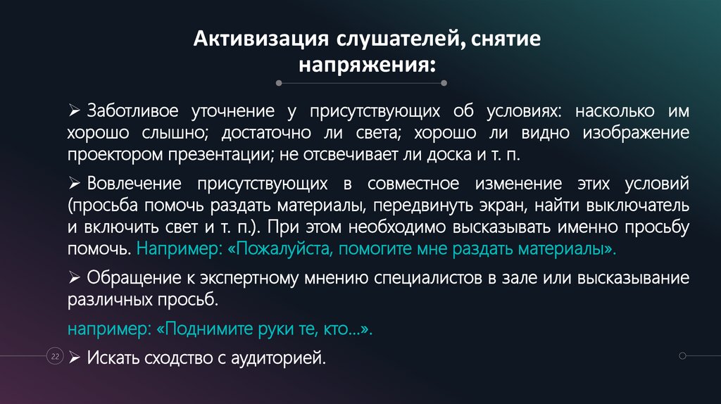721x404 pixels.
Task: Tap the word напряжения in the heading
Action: [366, 65]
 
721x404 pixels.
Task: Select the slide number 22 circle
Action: [54, 357]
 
